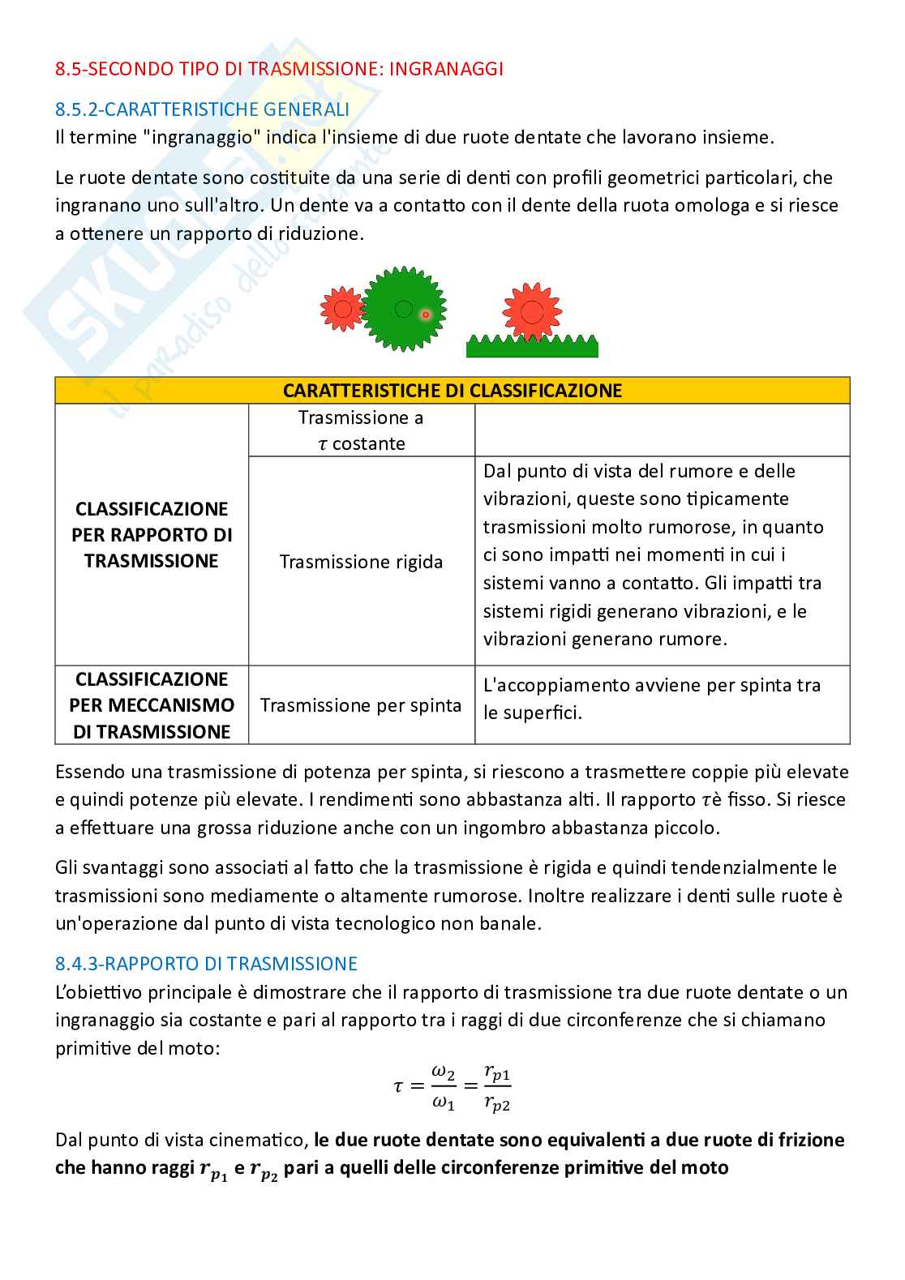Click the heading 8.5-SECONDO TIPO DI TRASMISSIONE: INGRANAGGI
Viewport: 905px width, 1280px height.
[279, 69]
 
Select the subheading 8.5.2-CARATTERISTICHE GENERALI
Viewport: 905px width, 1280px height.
[202, 109]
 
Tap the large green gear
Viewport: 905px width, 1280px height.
[403, 309]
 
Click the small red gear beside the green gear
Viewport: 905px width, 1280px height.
[342, 309]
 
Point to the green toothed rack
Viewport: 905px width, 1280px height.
[532, 348]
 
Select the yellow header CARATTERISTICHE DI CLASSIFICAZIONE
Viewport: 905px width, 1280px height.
[452, 391]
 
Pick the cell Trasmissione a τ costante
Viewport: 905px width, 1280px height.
[361, 430]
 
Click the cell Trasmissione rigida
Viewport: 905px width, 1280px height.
[361, 562]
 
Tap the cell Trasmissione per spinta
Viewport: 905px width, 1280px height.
[361, 705]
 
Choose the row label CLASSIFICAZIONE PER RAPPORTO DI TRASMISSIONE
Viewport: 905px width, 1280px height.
[152, 535]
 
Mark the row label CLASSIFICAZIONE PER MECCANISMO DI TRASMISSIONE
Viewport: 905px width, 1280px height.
[152, 705]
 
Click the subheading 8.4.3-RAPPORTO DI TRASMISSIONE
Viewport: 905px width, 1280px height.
[206, 964]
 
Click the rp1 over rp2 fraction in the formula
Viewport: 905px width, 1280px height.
[496, 1088]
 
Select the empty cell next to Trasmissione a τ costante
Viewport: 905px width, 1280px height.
[662, 430]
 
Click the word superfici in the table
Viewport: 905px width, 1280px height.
[541, 713]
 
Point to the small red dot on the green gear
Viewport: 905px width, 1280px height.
[425, 315]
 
